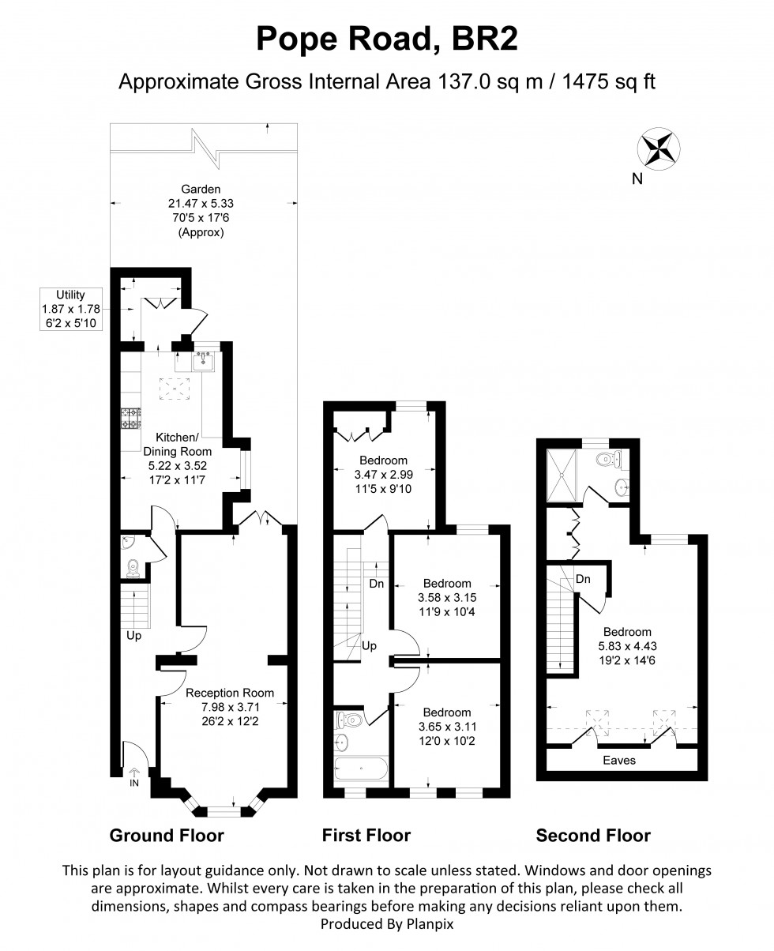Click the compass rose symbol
point(659,148)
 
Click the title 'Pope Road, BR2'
point(386,39)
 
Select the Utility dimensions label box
point(71,309)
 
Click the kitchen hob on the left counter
point(130,419)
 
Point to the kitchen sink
point(202,362)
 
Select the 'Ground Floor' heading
point(166,836)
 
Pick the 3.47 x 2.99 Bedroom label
point(383,474)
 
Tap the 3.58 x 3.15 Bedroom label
point(448,598)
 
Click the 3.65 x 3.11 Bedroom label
point(447,726)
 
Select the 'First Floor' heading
point(366,836)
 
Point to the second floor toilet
point(608,458)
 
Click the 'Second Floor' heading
point(593,836)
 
